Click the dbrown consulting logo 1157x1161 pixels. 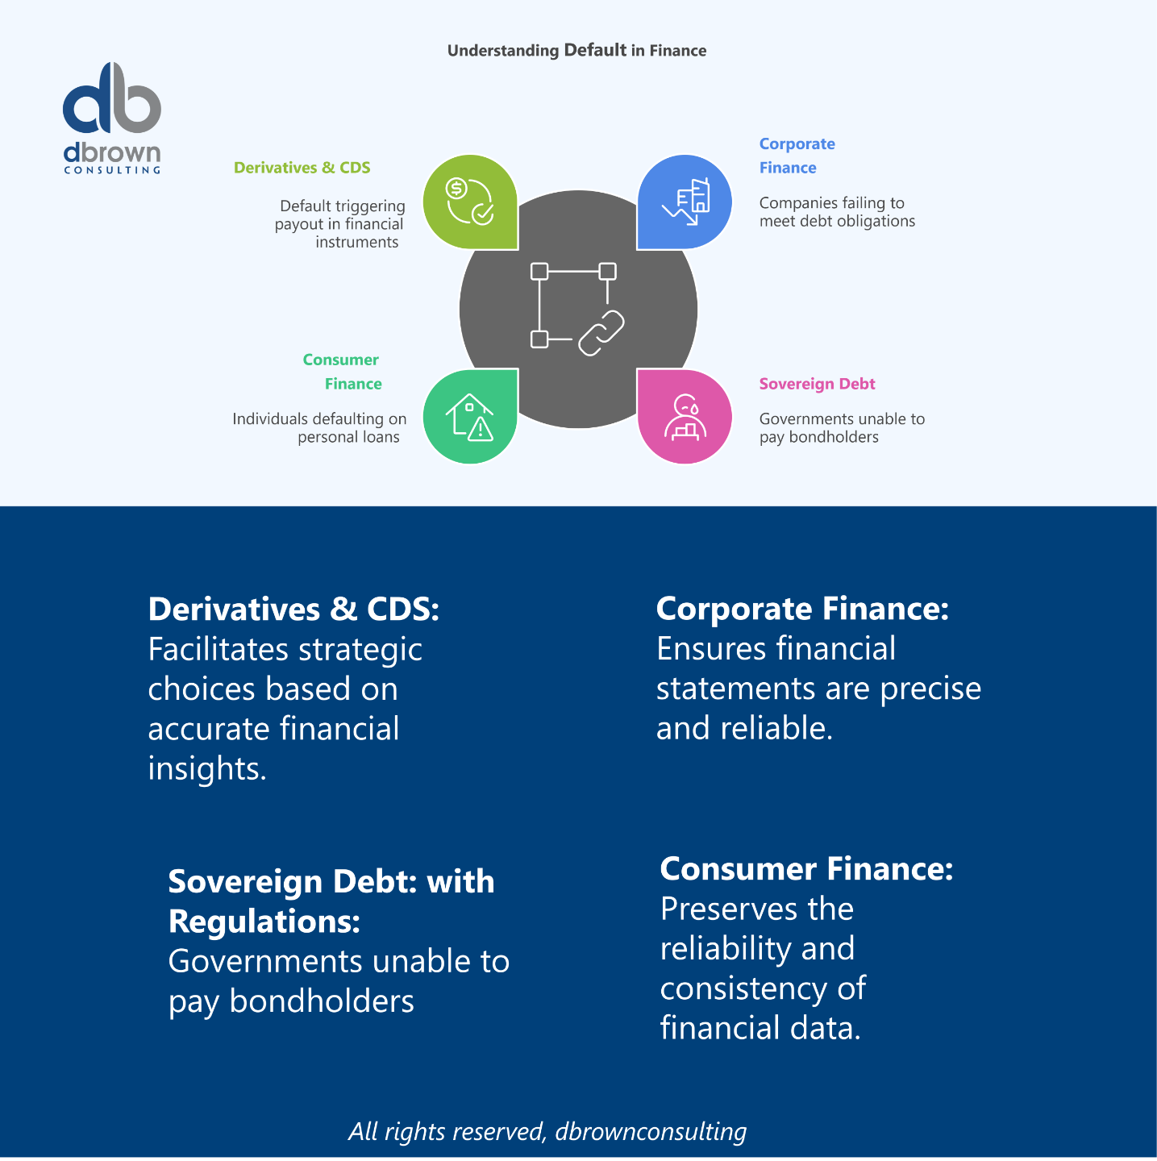pos(112,118)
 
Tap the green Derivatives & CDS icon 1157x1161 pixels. pos(470,202)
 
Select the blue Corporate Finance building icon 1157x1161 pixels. pos(685,202)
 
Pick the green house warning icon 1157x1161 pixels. pos(470,417)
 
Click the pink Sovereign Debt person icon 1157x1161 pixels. pos(685,417)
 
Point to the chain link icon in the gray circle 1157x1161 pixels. pos(601,332)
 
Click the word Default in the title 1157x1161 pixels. pos(595,50)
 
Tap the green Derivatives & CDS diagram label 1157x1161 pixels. pos(302,168)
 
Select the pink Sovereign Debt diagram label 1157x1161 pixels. pos(817,384)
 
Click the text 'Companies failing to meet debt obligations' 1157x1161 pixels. pos(836,212)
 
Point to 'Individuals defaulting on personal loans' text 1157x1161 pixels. pos(320,428)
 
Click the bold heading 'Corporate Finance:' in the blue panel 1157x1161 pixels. pos(802,609)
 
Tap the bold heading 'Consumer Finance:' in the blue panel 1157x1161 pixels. pos(806,869)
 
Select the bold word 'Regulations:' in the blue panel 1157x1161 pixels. pos(264,922)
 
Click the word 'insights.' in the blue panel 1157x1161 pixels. pos(207,768)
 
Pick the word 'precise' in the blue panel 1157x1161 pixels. pos(930,689)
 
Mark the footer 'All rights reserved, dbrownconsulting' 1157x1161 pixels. pos(547,1131)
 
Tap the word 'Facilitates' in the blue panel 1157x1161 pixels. pos(218,650)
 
